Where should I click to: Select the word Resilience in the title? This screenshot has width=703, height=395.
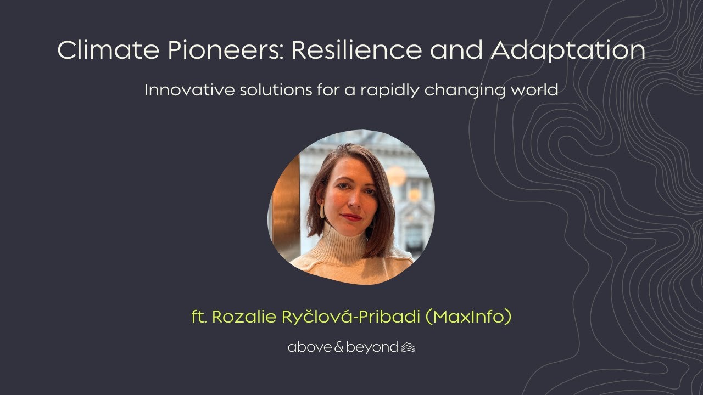(x=356, y=50)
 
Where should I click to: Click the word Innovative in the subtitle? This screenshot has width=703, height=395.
(x=188, y=90)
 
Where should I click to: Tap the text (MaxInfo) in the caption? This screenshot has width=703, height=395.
(x=468, y=317)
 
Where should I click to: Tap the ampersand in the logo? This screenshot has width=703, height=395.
(x=337, y=347)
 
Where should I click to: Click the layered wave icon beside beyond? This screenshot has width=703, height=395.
(x=408, y=347)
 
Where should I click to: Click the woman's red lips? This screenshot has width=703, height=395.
(x=351, y=217)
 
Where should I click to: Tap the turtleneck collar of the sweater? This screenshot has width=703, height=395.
(x=345, y=241)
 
